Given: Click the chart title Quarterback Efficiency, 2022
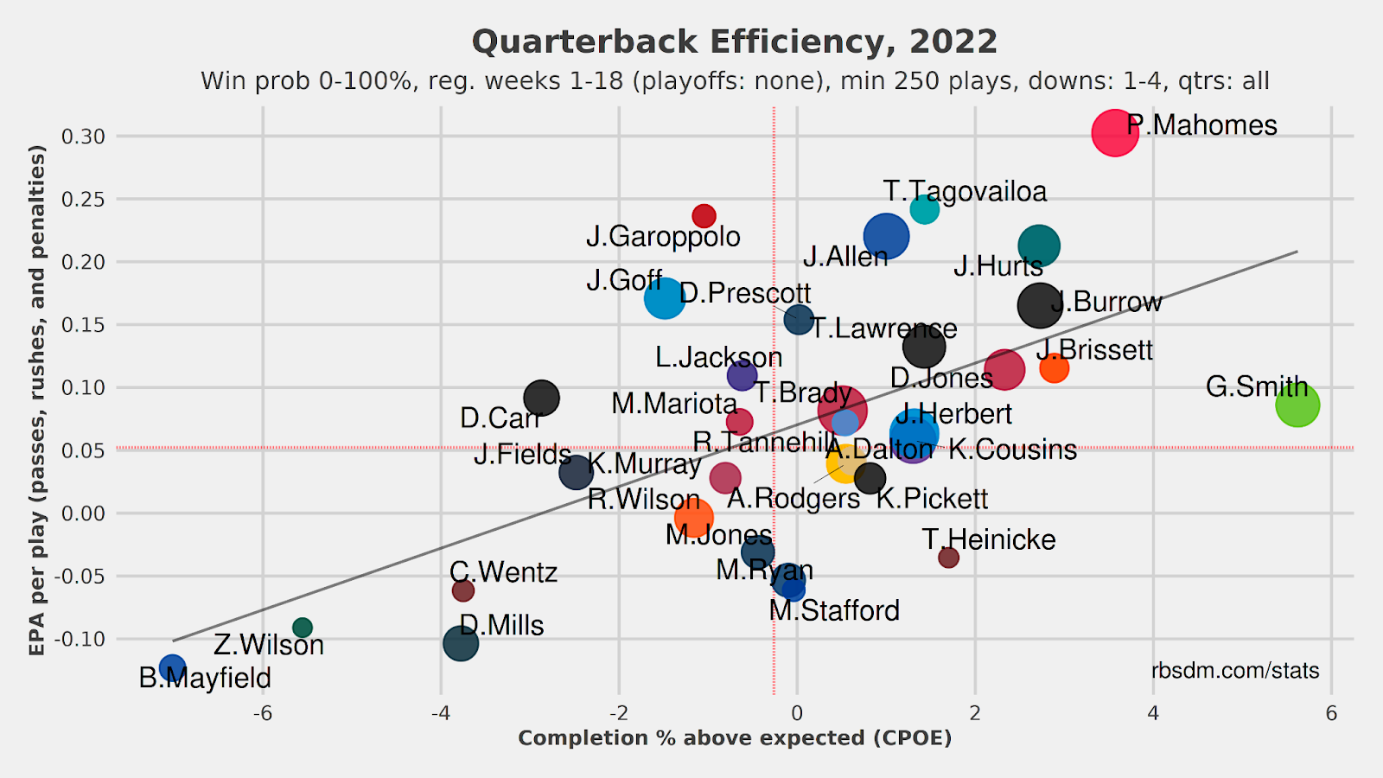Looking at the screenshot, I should (735, 41).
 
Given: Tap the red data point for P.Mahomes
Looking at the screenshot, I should (1114, 133).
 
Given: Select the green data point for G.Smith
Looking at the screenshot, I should (1297, 405).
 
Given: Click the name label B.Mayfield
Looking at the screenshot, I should (205, 679).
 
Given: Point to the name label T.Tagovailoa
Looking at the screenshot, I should (965, 192).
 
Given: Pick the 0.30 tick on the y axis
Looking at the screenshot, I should (84, 137).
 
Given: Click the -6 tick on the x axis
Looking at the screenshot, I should (262, 714).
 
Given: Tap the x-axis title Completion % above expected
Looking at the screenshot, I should (735, 738).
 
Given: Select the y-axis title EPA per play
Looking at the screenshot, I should (36, 399).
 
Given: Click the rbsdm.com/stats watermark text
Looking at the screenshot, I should (1235, 671).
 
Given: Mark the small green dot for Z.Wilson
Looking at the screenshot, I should (303, 628).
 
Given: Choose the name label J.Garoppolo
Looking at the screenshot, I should (663, 237).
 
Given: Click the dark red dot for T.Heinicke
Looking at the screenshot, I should (948, 558).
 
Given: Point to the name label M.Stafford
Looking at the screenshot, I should (834, 611).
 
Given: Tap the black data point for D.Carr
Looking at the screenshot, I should (541, 398).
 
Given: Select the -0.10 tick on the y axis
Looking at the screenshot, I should (80, 640).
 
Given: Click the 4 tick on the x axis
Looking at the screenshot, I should (1153, 714).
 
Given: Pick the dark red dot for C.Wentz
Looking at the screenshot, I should (463, 590).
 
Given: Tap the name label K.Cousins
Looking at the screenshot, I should (1012, 450).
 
